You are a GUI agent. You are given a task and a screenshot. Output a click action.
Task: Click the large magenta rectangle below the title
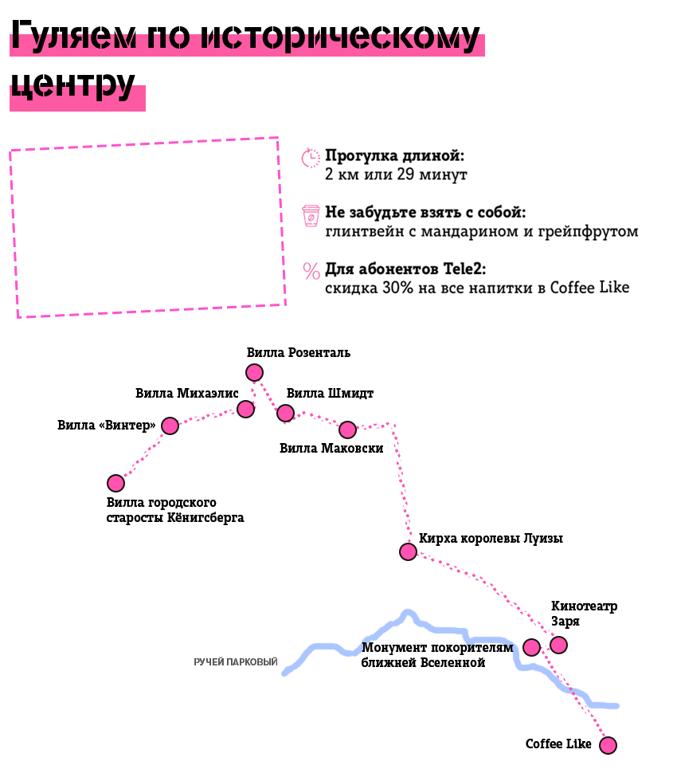tap(147, 227)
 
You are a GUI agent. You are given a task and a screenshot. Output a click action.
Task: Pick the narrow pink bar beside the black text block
tap(310, 214)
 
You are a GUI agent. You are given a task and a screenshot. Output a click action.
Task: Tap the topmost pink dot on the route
tap(254, 372)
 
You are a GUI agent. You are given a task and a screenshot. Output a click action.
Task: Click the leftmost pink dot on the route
tap(115, 483)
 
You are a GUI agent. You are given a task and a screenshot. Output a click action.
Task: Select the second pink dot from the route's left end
tap(170, 426)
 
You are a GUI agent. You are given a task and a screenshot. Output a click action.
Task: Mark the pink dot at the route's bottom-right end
tap(608, 745)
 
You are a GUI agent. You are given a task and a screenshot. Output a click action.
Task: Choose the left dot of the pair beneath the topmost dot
tap(246, 409)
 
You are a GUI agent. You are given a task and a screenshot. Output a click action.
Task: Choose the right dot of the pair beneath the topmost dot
tap(285, 413)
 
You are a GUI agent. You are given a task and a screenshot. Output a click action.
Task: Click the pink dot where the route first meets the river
tap(408, 551)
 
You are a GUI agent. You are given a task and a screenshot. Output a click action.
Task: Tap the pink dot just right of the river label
tap(531, 648)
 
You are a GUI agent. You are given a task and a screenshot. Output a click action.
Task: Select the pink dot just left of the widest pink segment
tap(347, 430)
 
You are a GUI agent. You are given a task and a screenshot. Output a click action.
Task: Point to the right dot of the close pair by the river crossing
tap(558, 645)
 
